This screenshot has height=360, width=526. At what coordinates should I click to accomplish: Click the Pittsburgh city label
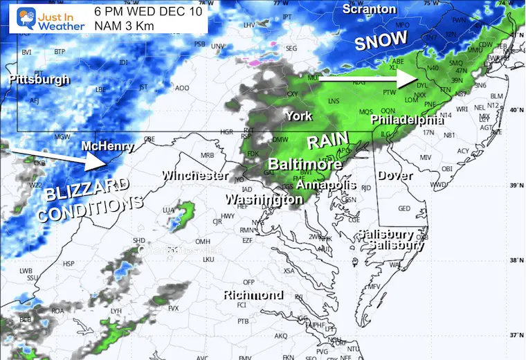coord(39,80)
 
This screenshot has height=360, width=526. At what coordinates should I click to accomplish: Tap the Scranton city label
coord(370,10)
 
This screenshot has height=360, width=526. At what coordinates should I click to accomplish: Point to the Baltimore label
coord(305,165)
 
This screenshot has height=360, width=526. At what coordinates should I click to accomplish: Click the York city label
coord(300,116)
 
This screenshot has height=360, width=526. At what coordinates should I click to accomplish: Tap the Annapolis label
coord(326,185)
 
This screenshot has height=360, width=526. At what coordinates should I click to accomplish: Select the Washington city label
coord(264,199)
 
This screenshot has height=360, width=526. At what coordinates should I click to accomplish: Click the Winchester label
coord(195,176)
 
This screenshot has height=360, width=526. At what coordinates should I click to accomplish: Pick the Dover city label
coord(396,176)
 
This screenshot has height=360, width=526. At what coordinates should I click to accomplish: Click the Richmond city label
coord(253,295)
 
